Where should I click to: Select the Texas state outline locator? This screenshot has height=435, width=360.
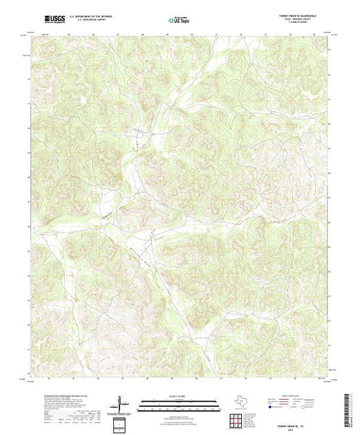[x=238, y=400]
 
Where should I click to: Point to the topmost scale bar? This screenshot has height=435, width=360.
[x=179, y=400]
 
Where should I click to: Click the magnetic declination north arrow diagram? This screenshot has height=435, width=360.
[x=120, y=403]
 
